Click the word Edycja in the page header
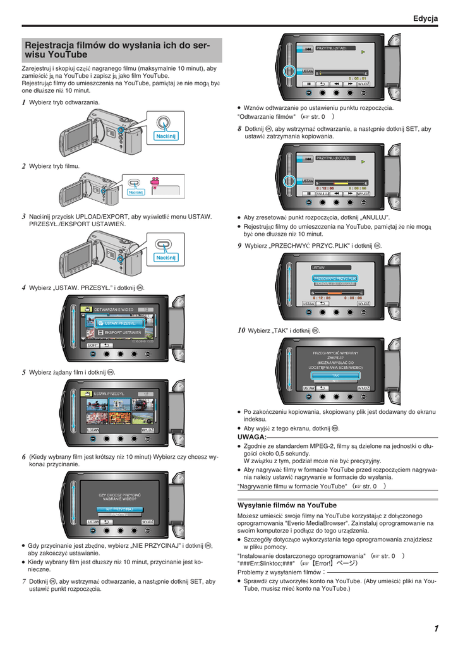click(x=425, y=19)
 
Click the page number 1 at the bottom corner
click(x=436, y=627)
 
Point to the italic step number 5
click(x=23, y=372)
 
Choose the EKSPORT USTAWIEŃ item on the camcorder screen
click(x=123, y=332)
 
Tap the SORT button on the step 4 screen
click(x=92, y=346)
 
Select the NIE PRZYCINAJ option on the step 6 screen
click(x=119, y=509)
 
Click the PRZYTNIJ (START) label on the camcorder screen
click(x=331, y=48)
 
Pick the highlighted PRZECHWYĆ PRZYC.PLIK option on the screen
click(x=335, y=278)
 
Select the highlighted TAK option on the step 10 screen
click(x=335, y=375)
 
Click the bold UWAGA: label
click(x=251, y=437)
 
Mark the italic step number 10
click(x=241, y=330)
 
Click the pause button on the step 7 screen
click(x=308, y=83)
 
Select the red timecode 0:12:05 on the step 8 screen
click(x=326, y=188)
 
